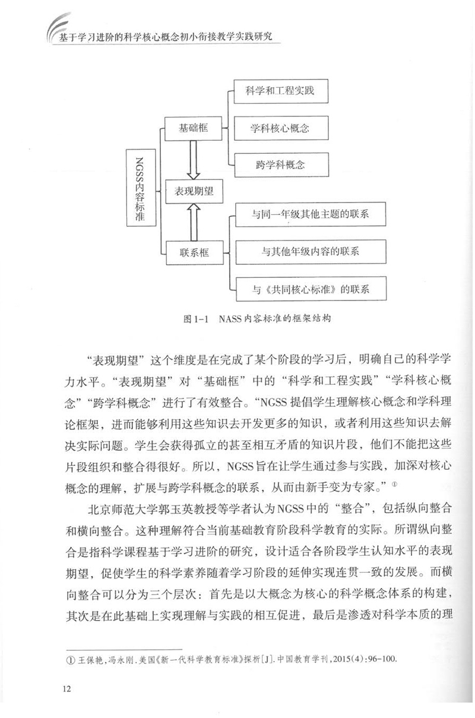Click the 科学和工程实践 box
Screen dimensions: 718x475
(x=278, y=92)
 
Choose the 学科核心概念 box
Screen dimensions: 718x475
(x=278, y=128)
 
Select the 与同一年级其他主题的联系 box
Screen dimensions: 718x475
(x=311, y=214)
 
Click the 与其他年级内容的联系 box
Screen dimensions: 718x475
(x=311, y=251)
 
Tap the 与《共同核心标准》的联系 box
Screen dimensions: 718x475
(x=311, y=289)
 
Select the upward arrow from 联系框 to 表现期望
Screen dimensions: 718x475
(x=194, y=221)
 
